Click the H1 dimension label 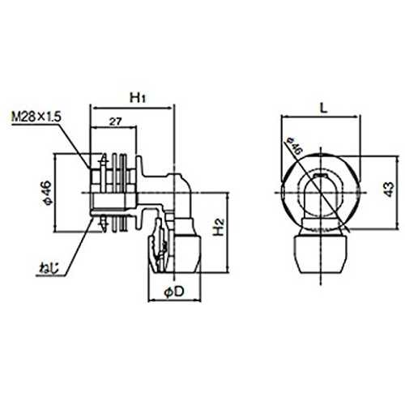click(138, 98)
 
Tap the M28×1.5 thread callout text click(36, 117)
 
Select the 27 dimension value click(115, 122)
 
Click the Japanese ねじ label click(49, 269)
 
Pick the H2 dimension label click(219, 227)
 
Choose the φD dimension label click(174, 292)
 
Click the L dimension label click(323, 109)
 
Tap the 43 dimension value click(389, 190)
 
